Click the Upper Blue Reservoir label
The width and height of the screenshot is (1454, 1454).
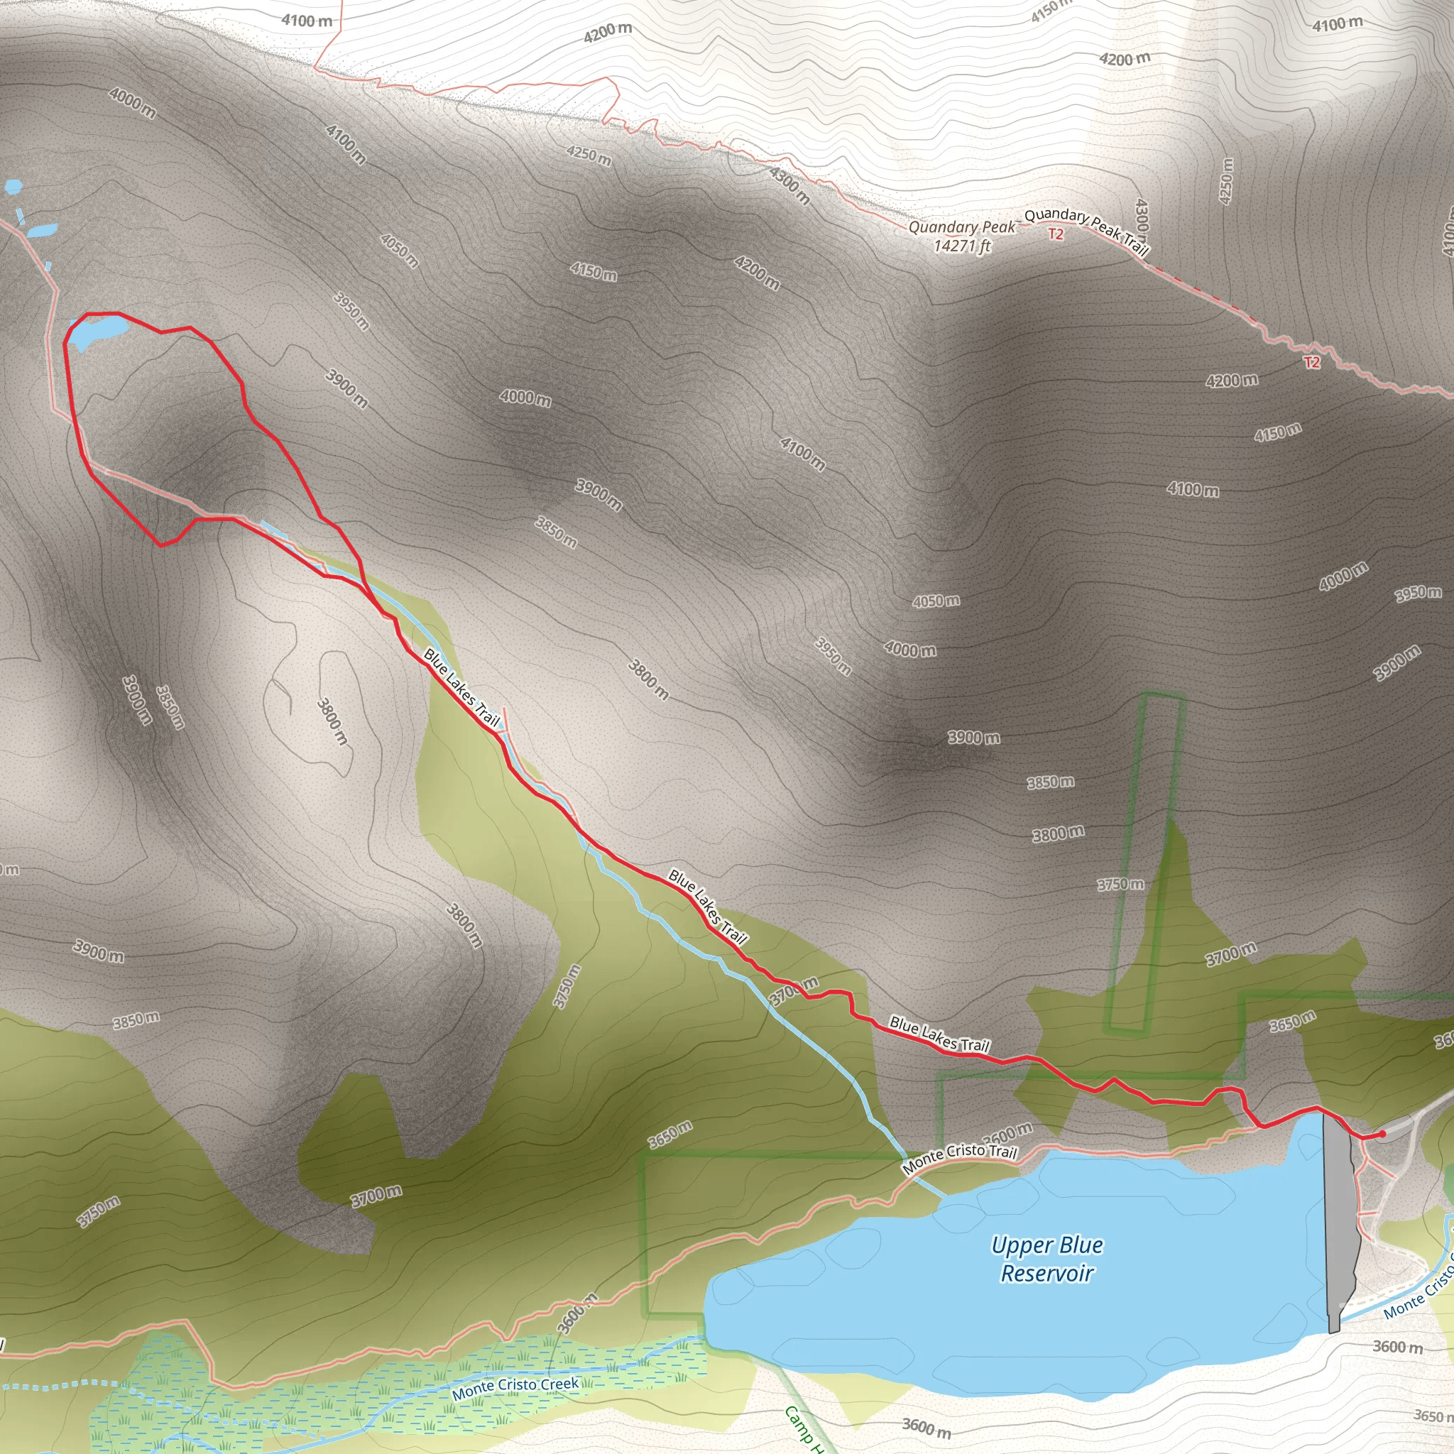pyautogui.click(x=1047, y=1259)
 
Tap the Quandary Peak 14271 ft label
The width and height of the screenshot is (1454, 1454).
pyautogui.click(x=962, y=236)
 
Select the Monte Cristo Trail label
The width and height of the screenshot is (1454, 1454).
pyautogui.click(x=960, y=1159)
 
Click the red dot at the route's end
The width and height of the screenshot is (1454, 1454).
pyautogui.click(x=1382, y=1134)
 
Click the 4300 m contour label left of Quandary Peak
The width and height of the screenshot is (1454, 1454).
pyautogui.click(x=789, y=185)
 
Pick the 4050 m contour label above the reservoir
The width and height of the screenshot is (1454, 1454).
pyautogui.click(x=936, y=601)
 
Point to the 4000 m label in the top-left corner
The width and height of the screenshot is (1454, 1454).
pyautogui.click(x=133, y=103)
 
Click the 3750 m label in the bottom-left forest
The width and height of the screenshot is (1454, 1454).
pyautogui.click(x=99, y=1212)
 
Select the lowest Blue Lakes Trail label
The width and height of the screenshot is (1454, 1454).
pyautogui.click(x=939, y=1034)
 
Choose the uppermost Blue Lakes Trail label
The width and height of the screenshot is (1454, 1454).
pyautogui.click(x=461, y=687)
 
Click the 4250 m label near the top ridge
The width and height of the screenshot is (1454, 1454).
pyautogui.click(x=589, y=155)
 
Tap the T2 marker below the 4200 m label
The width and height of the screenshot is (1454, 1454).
pyautogui.click(x=1312, y=363)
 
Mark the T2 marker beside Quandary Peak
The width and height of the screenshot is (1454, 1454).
pyautogui.click(x=1056, y=235)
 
